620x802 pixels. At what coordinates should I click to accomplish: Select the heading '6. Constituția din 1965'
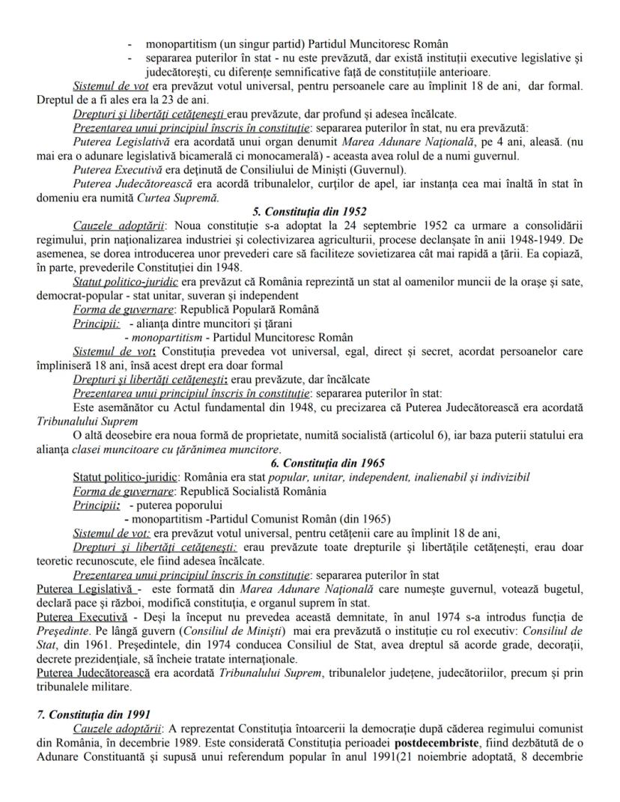[x=309, y=464]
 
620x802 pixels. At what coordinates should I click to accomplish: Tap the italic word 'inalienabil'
[x=429, y=477]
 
